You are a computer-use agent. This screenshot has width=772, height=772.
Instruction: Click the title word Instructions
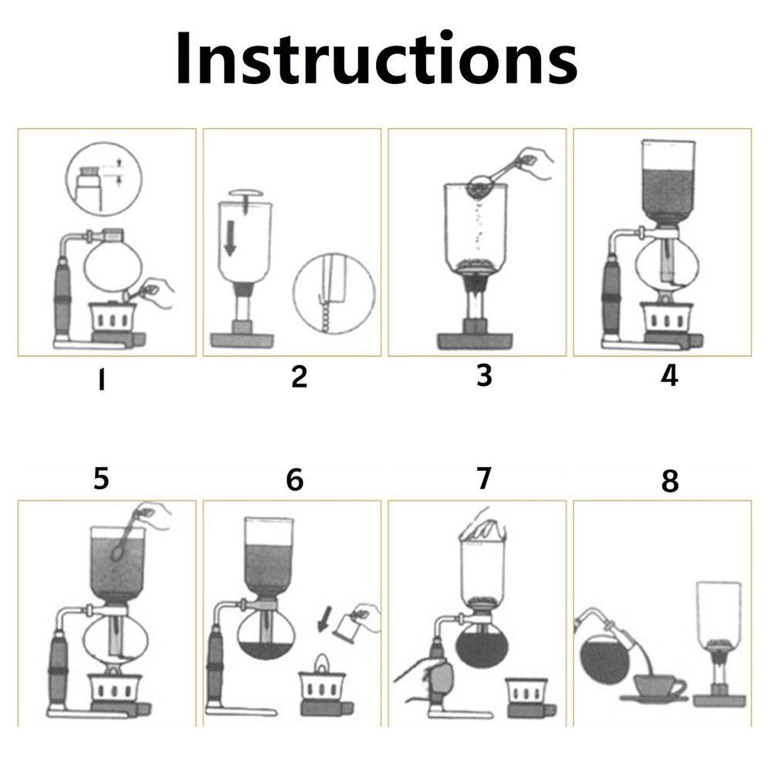pyautogui.click(x=376, y=59)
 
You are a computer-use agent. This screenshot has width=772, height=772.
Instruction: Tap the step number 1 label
pyautogui.click(x=100, y=381)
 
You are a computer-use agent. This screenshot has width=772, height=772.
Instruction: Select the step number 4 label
pyautogui.click(x=669, y=376)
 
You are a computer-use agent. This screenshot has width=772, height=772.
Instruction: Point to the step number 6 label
pyautogui.click(x=295, y=480)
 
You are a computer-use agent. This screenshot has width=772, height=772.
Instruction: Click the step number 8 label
pyautogui.click(x=669, y=481)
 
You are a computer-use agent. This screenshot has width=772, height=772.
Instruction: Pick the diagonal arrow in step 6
pyautogui.click(x=327, y=618)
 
